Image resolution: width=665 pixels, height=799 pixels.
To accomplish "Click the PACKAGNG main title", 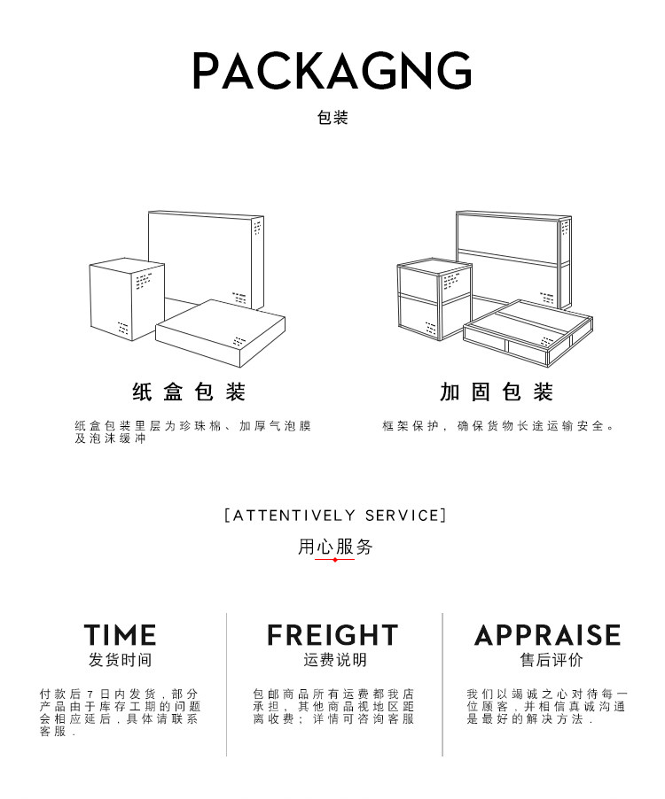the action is pyautogui.click(x=332, y=70).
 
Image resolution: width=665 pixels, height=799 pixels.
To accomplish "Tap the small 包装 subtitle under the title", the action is pyautogui.click(x=332, y=118).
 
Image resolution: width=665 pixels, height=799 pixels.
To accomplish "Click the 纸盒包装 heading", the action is pyautogui.click(x=189, y=392).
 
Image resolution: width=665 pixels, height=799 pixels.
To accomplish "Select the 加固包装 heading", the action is pyautogui.click(x=497, y=392).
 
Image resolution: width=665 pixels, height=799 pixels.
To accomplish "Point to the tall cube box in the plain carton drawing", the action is pyautogui.click(x=127, y=299).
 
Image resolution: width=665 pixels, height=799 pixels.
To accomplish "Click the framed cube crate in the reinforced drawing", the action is pyautogui.click(x=434, y=299).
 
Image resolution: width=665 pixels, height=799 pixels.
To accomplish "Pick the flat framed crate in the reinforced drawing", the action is pyautogui.click(x=528, y=333).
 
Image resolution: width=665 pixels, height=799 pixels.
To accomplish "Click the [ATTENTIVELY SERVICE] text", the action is pyautogui.click(x=335, y=516).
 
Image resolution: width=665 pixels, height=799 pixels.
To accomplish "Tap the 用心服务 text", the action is pyautogui.click(x=335, y=547).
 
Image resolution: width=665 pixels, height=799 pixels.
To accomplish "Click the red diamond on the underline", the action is pyautogui.click(x=334, y=560).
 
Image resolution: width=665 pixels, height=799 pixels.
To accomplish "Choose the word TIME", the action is pyautogui.click(x=121, y=635).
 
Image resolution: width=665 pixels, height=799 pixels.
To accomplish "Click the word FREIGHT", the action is pyautogui.click(x=332, y=635).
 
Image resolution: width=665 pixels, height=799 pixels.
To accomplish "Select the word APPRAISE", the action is pyautogui.click(x=548, y=635).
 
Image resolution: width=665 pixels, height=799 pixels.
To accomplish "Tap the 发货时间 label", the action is pyautogui.click(x=121, y=660).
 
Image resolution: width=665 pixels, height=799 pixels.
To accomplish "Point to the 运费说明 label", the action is pyautogui.click(x=335, y=660).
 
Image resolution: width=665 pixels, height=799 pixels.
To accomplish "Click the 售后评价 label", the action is pyautogui.click(x=552, y=660).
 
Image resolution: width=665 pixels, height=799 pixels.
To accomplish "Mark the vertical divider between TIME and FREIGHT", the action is pyautogui.click(x=226, y=685).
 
